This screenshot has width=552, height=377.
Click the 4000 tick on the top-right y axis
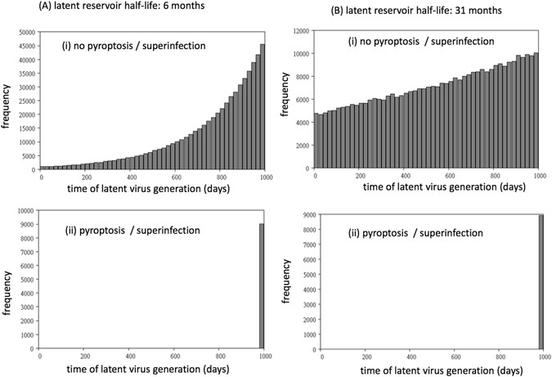(303, 122)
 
